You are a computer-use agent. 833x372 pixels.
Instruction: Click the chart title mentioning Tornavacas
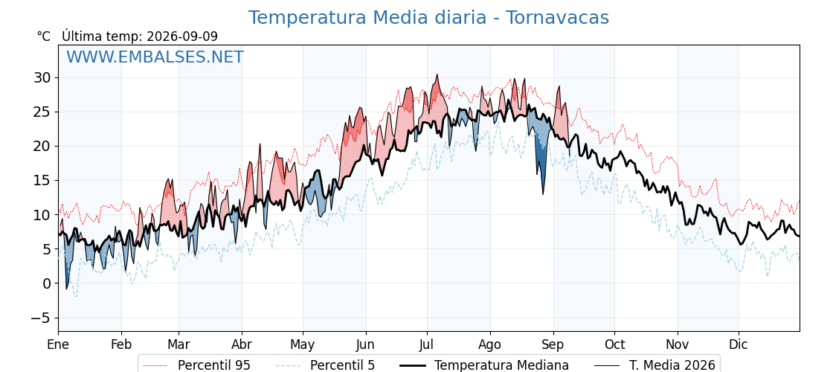428,18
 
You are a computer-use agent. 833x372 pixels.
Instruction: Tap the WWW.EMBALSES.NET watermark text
155,57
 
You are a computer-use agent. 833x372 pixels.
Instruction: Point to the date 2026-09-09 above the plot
182,36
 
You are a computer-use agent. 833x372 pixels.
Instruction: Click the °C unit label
44,36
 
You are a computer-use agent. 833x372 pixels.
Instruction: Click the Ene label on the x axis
59,344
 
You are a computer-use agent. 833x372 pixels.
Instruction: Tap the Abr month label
242,344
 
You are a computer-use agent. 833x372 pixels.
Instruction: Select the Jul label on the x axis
427,344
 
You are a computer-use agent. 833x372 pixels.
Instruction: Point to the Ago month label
490,345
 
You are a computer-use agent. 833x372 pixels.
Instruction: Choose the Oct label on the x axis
614,344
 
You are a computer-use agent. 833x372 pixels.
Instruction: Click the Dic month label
739,344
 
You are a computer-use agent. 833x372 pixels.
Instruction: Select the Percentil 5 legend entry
325,365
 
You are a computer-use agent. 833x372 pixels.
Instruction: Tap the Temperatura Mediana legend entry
483,365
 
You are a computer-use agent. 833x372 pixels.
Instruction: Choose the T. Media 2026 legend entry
654,365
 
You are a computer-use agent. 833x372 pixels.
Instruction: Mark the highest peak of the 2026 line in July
437,75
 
